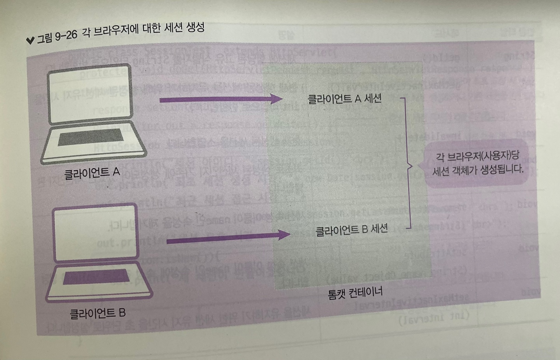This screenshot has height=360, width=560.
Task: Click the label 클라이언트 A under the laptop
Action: point(92,173)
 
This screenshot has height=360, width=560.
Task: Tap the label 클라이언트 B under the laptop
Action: point(97,313)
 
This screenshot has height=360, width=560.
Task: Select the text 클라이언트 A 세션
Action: point(345,99)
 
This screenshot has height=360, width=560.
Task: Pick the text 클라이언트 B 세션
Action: point(352,230)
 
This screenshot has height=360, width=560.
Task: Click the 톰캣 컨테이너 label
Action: point(355,293)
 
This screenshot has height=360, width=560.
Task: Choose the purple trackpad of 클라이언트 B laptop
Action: point(96,276)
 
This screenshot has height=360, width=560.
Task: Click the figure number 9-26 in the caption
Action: point(66,36)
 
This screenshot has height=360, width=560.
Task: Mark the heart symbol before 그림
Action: point(30,40)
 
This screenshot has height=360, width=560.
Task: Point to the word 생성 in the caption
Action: point(195,28)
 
